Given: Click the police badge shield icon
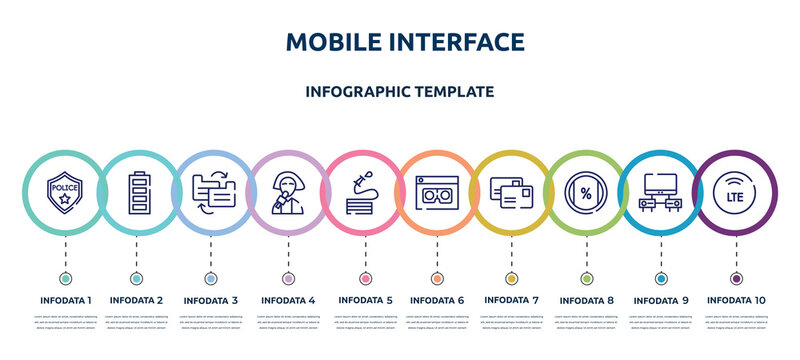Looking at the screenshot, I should tap(66, 193).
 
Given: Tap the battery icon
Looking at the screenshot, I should tap(137, 193).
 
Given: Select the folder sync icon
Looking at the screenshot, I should tap(211, 193).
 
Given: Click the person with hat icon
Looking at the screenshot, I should tap(288, 193).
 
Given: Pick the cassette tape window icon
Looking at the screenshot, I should tap(437, 193).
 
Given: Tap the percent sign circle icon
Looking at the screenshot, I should tap(585, 193).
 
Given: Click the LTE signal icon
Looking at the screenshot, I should tap(736, 193).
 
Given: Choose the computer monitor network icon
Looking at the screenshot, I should tap(660, 193).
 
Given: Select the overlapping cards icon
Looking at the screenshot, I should tap(511, 193).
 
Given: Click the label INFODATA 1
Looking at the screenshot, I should tap(66, 299).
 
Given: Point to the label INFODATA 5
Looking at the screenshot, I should tap(365, 299).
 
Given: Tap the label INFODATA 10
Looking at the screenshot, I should tap(737, 299).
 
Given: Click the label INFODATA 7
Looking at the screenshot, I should tap(511, 299).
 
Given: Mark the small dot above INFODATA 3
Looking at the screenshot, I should tap(211, 278).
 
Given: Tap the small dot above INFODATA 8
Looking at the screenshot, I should tap(585, 278).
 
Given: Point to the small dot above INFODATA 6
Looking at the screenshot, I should tap(437, 278).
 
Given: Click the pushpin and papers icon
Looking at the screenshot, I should tap(363, 193).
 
